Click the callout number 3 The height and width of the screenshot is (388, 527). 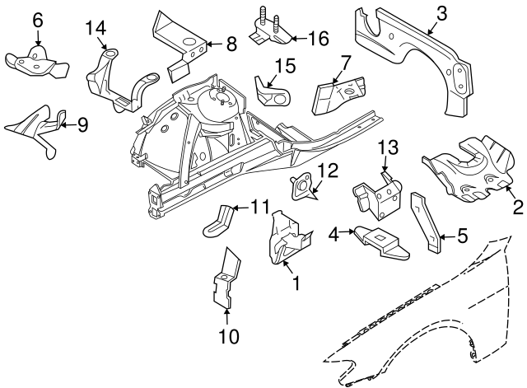tap(441, 13)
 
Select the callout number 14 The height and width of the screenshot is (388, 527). tap(96, 29)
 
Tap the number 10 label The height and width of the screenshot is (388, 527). tap(228, 336)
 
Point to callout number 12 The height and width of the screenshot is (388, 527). tap(328, 171)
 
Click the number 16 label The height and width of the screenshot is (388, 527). tap(319, 38)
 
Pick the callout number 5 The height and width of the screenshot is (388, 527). tap(462, 237)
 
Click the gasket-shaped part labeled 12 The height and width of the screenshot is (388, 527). tap(303, 189)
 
